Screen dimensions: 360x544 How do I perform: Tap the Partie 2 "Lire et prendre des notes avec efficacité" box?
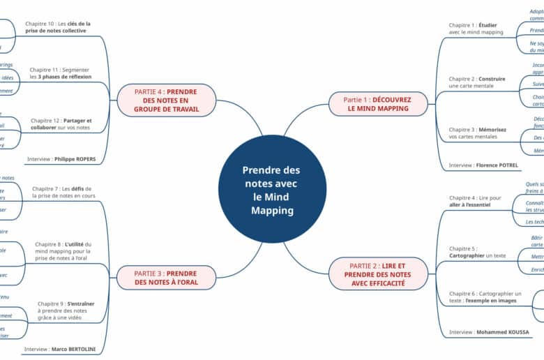(x=379, y=274)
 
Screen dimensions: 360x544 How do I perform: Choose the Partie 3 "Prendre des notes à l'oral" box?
(x=166, y=278)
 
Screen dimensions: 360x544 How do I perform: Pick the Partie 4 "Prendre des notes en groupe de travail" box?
(x=166, y=100)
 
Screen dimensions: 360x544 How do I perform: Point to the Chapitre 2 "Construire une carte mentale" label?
(x=477, y=82)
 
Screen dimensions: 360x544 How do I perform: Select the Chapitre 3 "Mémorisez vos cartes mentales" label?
(x=477, y=133)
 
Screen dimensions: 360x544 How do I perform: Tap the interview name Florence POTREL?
(x=497, y=165)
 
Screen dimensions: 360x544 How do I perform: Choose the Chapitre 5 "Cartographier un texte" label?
(x=477, y=252)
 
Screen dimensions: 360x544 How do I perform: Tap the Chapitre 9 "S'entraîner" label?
(x=66, y=310)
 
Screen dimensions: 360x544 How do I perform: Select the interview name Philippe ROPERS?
(x=75, y=159)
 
